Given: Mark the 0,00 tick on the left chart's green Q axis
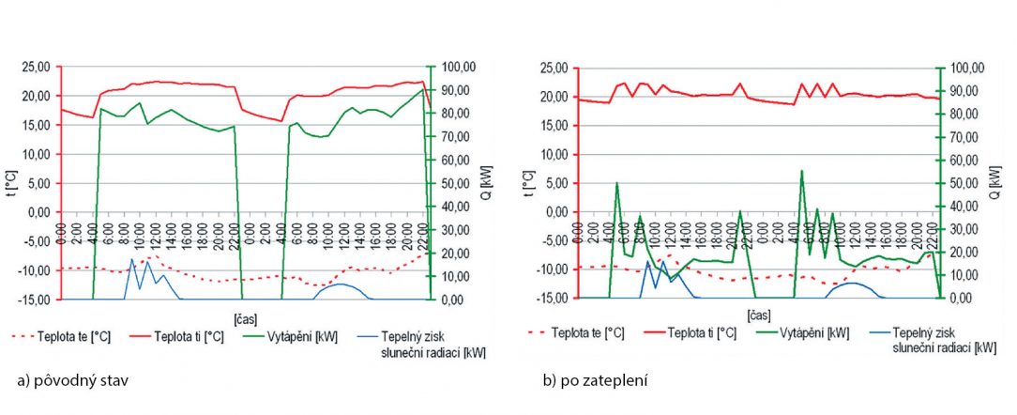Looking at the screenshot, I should [450, 300].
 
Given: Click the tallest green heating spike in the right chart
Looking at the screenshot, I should [801, 171].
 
